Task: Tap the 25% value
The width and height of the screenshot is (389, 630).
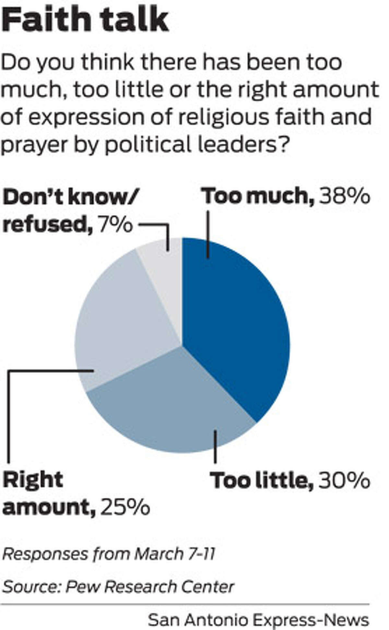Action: click(x=125, y=508)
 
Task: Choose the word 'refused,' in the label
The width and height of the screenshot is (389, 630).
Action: click(x=46, y=224)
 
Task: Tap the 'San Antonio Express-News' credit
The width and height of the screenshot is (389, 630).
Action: click(x=258, y=612)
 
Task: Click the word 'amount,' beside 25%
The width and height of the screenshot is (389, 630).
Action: click(x=49, y=508)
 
